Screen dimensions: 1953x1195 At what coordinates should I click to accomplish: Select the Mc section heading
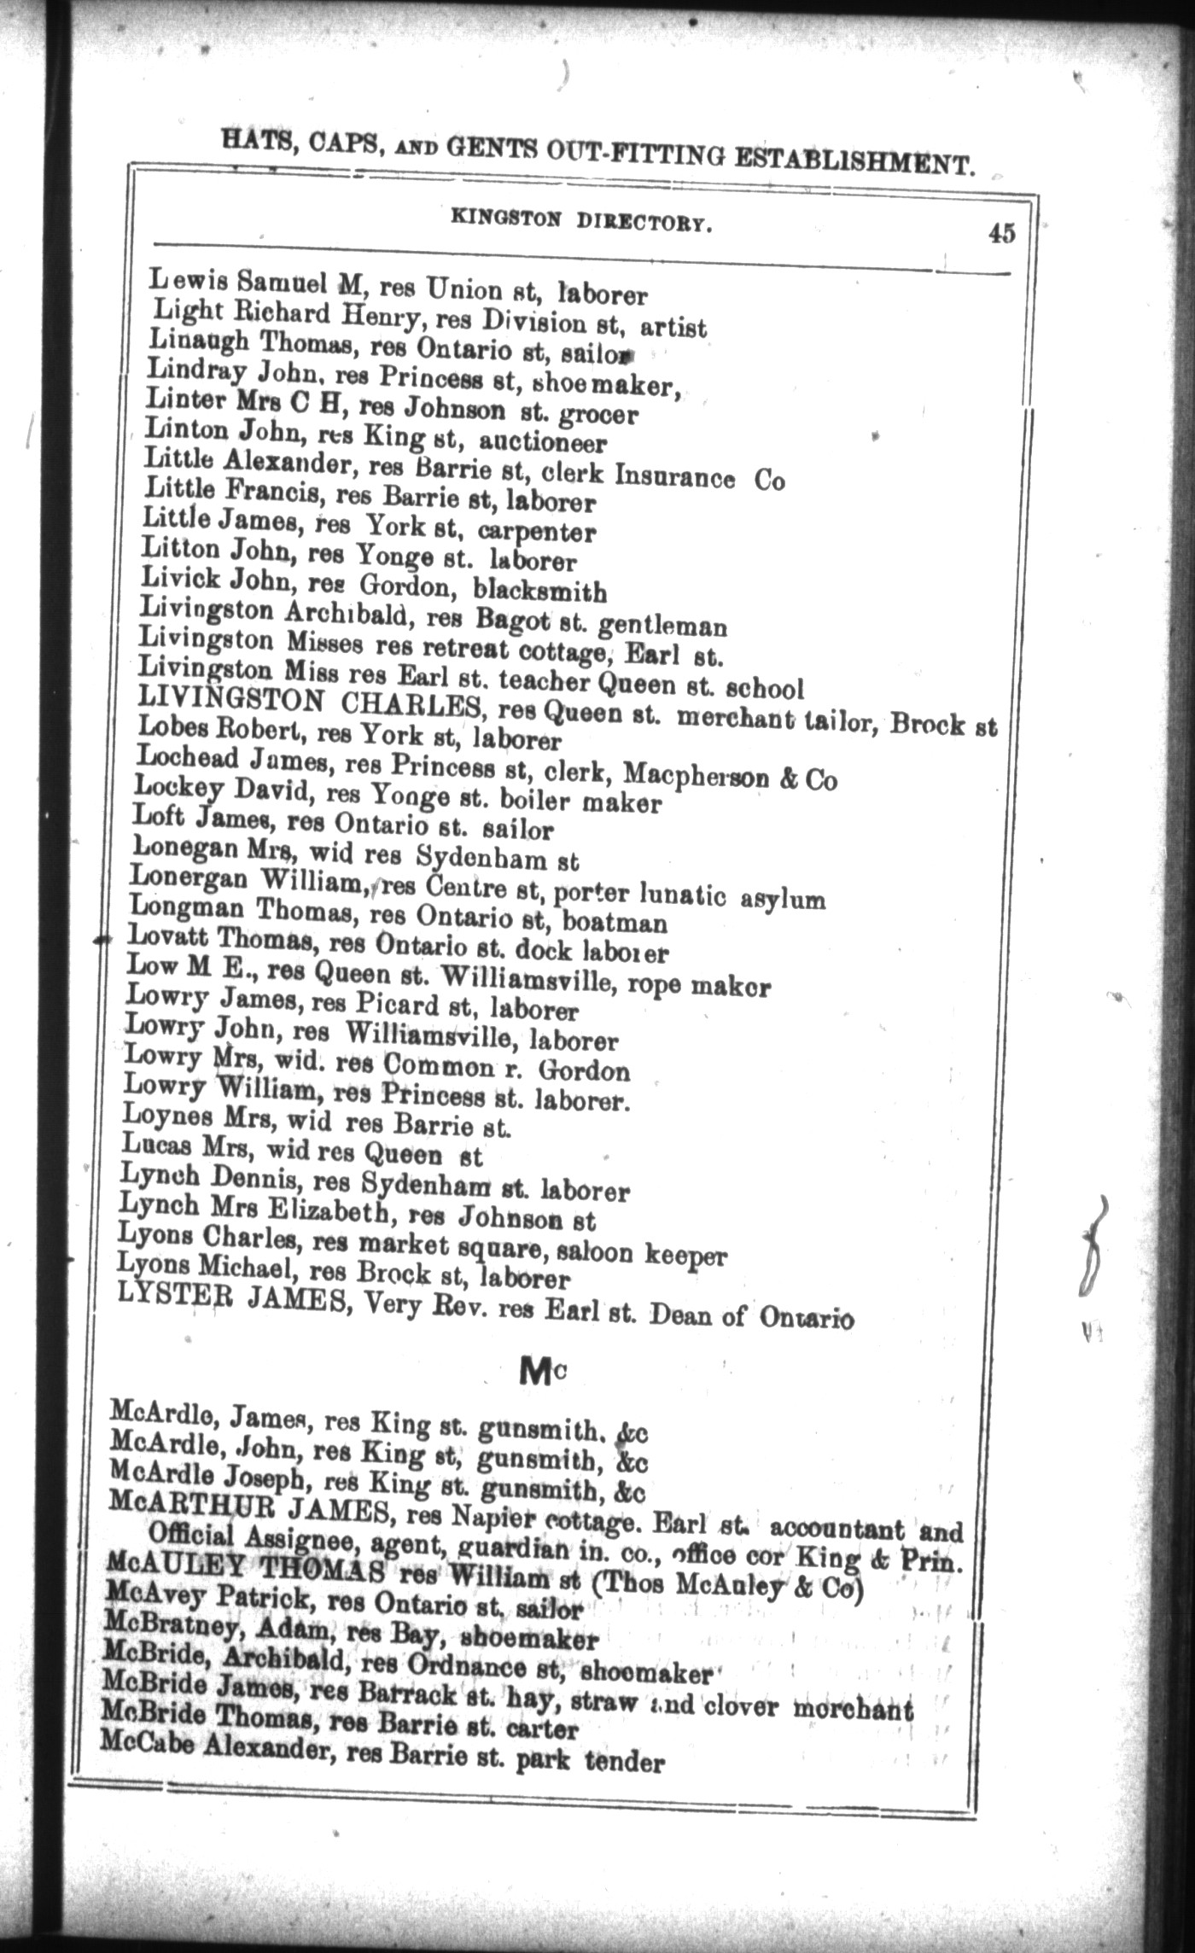click(x=539, y=1373)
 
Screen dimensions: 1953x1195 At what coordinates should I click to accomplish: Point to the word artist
click(x=673, y=328)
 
